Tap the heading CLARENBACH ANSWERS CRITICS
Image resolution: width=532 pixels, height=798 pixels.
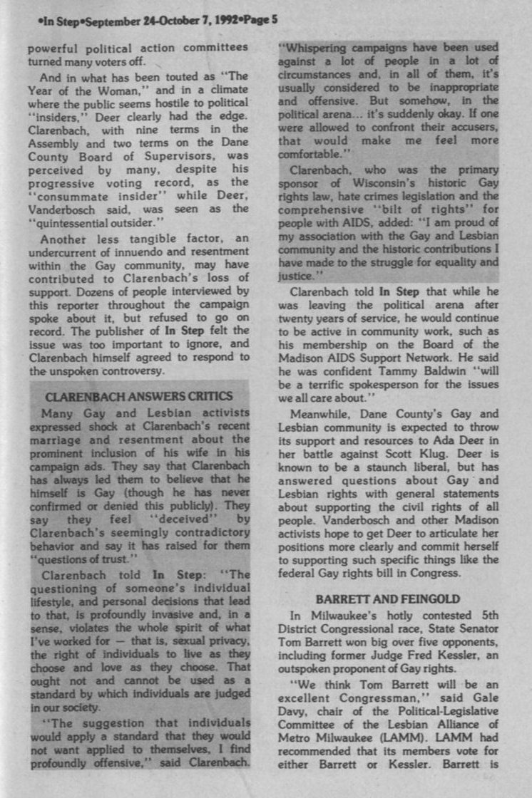pyautogui.click(x=138, y=396)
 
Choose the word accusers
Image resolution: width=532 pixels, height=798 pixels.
pyautogui.click(x=455, y=128)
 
